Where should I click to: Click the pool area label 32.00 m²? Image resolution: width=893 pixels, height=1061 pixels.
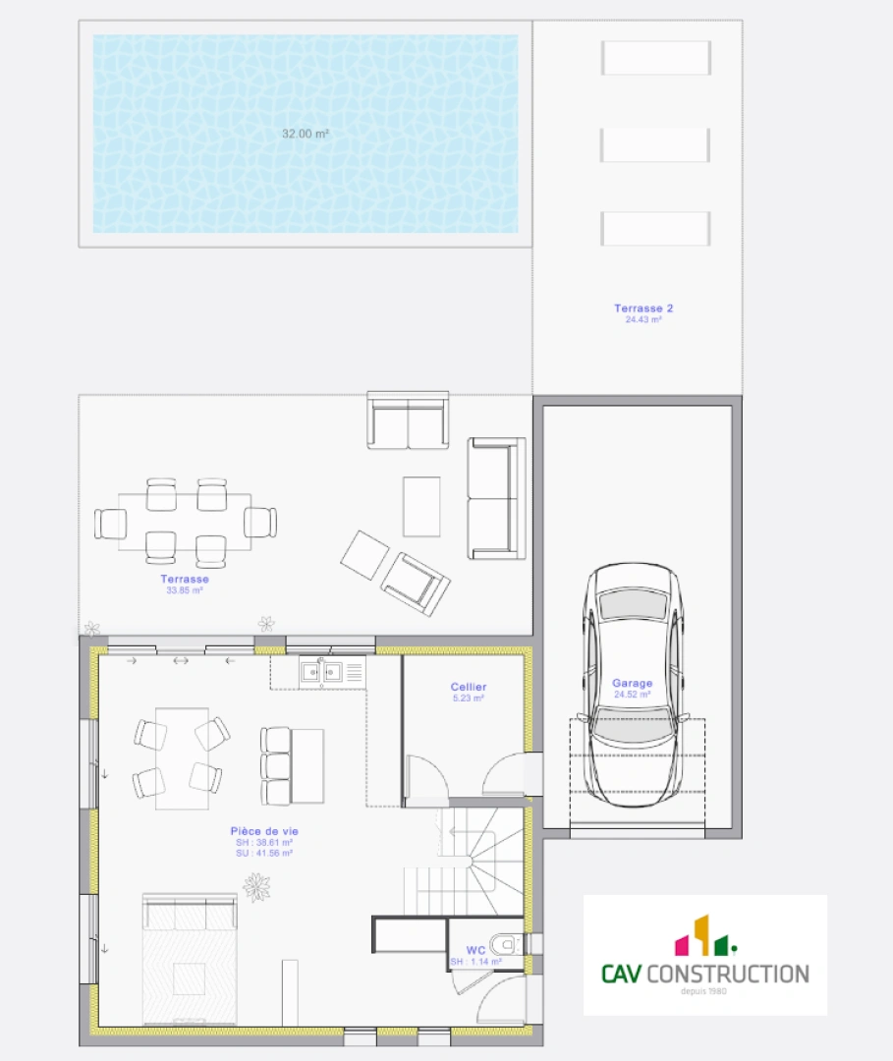[305, 134]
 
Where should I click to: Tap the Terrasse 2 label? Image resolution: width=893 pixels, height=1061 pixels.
[643, 308]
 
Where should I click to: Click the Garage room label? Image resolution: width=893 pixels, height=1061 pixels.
[633, 683]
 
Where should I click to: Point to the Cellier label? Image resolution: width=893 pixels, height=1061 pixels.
[469, 687]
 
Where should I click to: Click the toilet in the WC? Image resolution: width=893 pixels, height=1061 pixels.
[504, 945]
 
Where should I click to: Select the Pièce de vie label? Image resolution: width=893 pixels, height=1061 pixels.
[264, 831]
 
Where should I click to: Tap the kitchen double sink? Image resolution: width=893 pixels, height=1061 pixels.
[321, 672]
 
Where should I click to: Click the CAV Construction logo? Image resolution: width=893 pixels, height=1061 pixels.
[705, 954]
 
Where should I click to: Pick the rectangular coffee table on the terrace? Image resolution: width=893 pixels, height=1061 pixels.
[421, 506]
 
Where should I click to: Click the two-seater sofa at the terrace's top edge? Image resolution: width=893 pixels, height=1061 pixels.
[408, 421]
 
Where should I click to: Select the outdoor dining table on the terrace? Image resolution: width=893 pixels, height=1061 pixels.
[186, 522]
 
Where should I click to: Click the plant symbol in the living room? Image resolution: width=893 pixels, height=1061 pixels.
[257, 886]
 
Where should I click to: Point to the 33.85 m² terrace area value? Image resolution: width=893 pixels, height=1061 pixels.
[185, 590]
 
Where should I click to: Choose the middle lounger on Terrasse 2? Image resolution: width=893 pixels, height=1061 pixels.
[654, 144]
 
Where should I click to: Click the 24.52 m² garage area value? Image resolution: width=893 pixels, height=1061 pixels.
[633, 695]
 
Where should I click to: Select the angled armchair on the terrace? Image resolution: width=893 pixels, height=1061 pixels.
[416, 582]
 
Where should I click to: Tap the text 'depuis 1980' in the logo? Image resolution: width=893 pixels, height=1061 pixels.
[704, 991]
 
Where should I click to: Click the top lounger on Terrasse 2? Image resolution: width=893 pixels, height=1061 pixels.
[655, 58]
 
